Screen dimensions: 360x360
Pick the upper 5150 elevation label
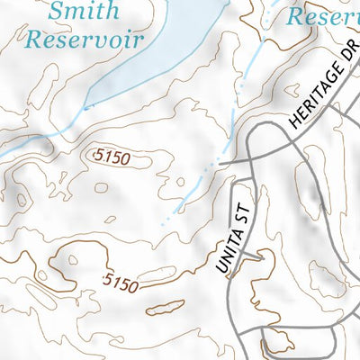(x=112, y=157)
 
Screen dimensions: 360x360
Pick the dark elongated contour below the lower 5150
(x=163, y=306)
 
